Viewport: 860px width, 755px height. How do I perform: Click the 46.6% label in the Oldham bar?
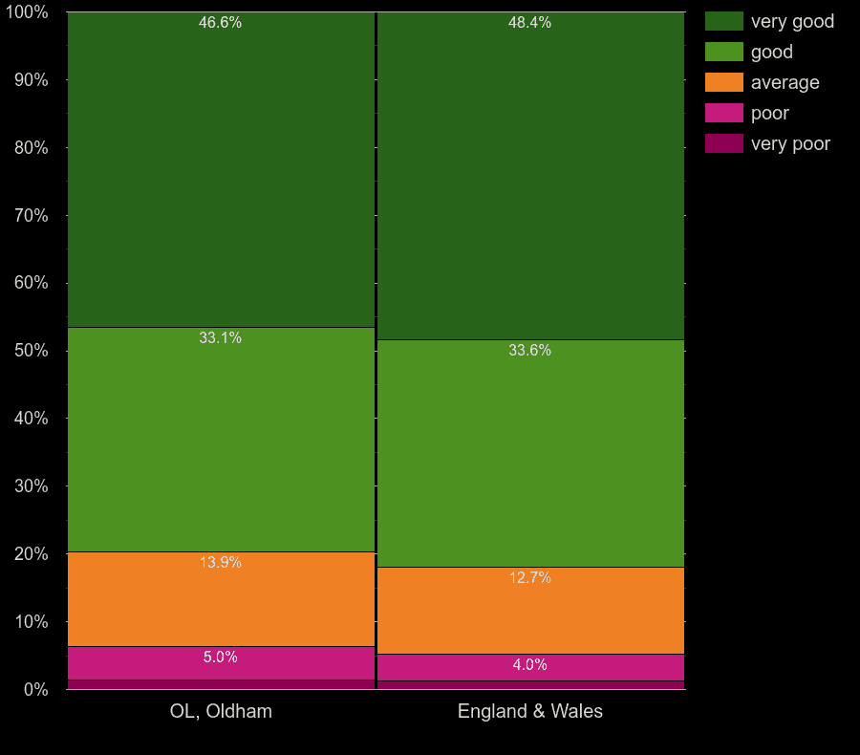[x=220, y=23]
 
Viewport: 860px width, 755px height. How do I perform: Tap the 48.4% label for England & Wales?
[x=529, y=23]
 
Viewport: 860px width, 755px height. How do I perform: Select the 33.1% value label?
[x=220, y=338]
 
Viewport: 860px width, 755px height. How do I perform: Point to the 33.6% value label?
[x=529, y=351]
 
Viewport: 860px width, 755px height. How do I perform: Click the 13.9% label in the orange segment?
[x=220, y=563]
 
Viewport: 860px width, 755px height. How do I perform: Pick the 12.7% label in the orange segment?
[x=529, y=578]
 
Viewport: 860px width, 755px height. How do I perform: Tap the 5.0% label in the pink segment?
[x=220, y=658]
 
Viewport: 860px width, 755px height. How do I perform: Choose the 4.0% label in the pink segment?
[x=529, y=665]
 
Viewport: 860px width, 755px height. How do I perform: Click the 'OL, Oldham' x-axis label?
[x=221, y=712]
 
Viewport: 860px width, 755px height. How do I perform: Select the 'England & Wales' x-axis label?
[x=530, y=712]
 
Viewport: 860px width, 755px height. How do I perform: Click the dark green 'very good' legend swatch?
[x=723, y=21]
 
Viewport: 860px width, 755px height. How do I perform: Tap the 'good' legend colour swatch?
[x=723, y=52]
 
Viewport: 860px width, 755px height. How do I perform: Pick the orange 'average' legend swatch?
[x=723, y=82]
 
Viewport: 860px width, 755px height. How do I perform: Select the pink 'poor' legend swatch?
[x=723, y=113]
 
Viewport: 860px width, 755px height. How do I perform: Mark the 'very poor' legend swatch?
[x=723, y=143]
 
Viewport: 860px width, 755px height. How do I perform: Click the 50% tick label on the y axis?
[x=31, y=351]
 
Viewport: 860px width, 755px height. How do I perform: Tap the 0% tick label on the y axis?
[x=35, y=689]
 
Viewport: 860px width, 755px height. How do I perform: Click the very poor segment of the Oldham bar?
[x=221, y=684]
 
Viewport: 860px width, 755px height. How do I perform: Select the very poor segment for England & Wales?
[x=530, y=685]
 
